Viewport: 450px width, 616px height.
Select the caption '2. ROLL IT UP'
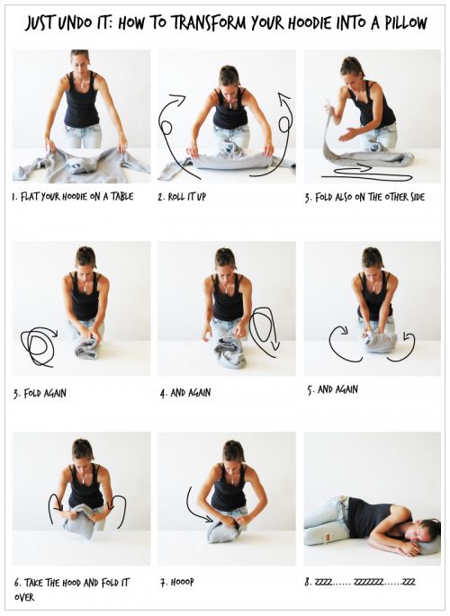(x=182, y=196)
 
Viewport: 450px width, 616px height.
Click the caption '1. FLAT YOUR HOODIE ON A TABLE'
(x=73, y=196)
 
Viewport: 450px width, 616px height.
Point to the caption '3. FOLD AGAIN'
(x=40, y=393)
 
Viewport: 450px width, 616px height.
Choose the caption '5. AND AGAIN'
(x=332, y=389)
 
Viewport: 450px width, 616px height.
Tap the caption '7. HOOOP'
(x=177, y=582)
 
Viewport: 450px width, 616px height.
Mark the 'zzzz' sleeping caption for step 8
(x=360, y=582)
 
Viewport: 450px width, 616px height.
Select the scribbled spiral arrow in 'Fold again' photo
(x=39, y=345)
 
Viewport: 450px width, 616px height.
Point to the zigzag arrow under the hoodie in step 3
(x=366, y=174)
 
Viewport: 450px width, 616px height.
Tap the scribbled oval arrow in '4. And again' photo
(x=264, y=331)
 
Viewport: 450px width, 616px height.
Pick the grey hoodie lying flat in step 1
(x=81, y=165)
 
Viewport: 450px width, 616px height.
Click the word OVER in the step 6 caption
(x=24, y=597)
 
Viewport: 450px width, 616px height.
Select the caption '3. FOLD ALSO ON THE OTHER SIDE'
(x=364, y=197)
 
